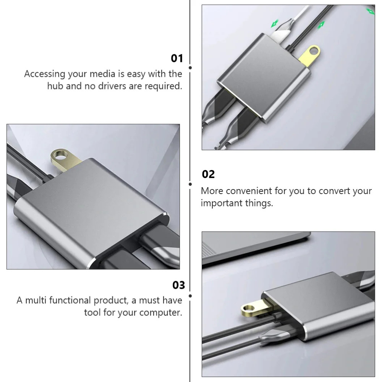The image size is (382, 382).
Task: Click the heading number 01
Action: [176, 58]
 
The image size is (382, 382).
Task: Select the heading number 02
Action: [208, 175]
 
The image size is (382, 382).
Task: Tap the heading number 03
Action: [178, 285]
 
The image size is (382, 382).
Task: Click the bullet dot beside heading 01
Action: [190, 67]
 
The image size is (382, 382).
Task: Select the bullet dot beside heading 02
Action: [190, 184]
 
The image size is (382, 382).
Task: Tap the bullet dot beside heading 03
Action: [190, 295]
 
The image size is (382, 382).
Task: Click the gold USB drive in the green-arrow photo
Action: [309, 53]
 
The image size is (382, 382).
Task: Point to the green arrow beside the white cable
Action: [274, 24]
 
